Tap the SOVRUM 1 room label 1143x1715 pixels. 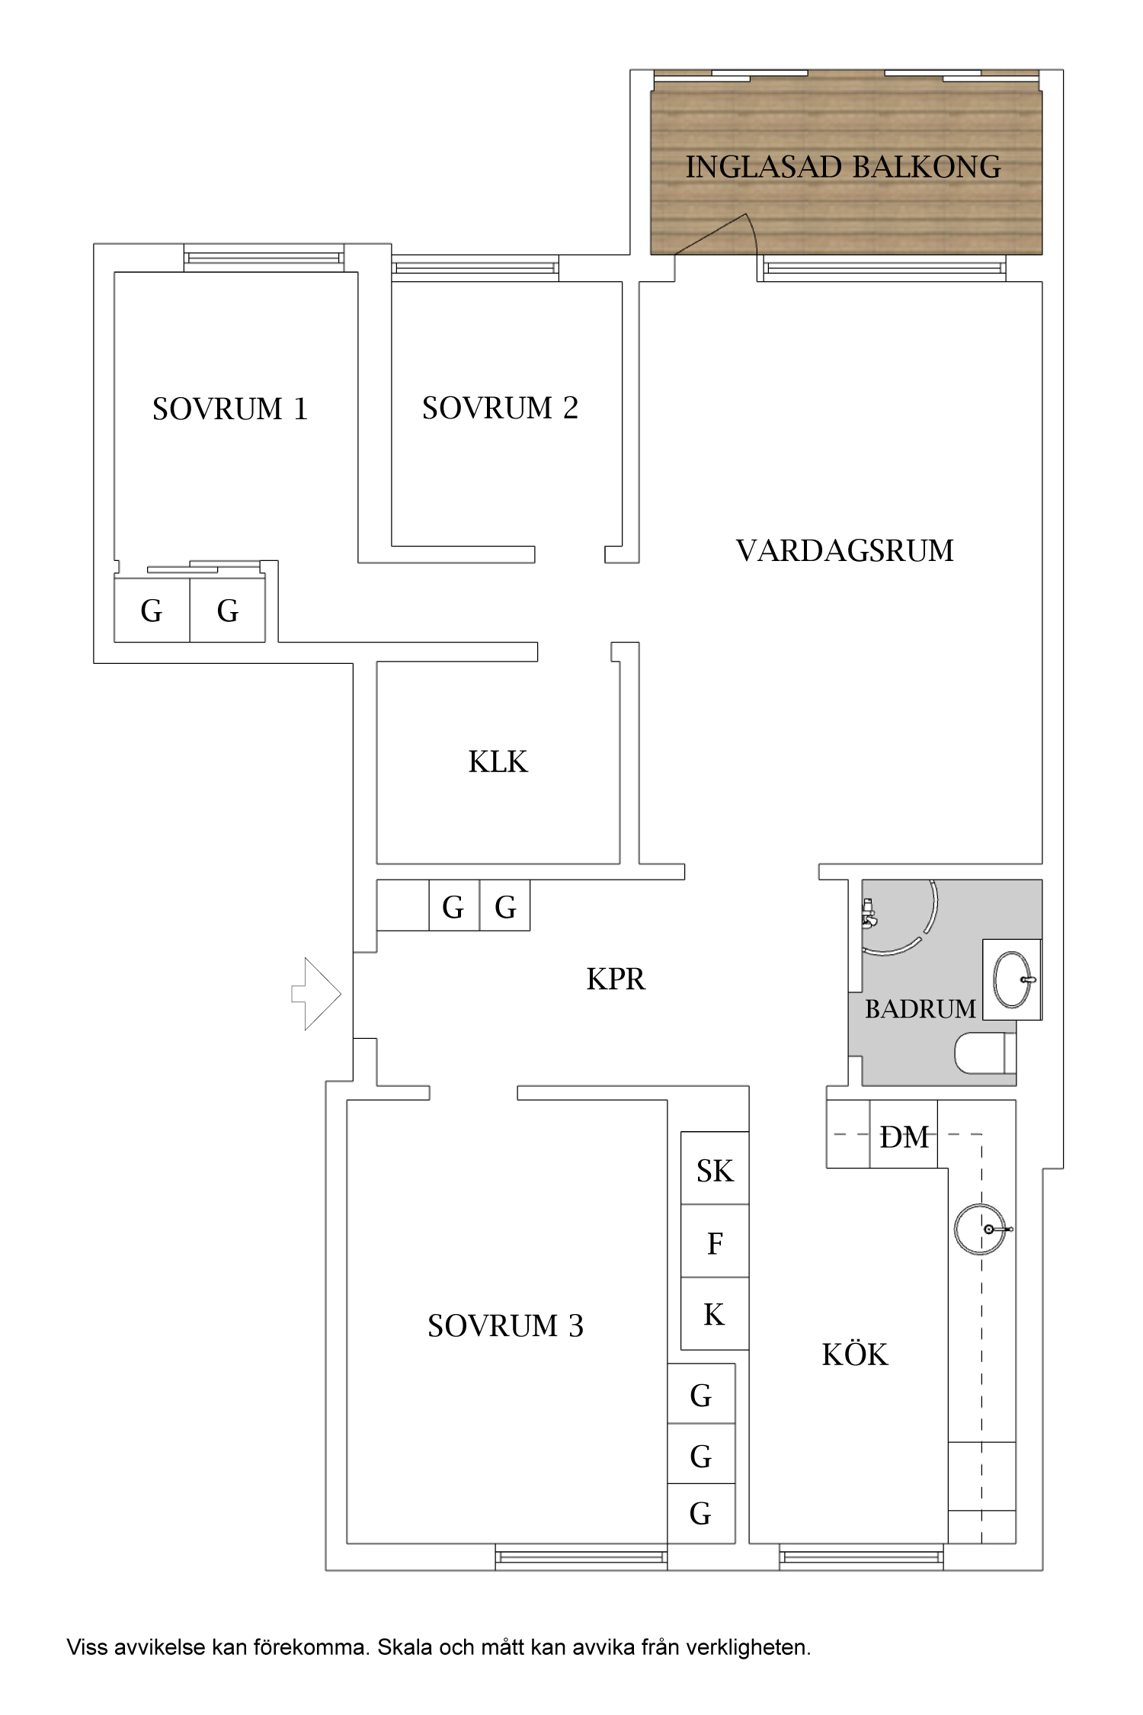pos(229,409)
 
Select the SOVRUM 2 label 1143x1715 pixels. pos(500,409)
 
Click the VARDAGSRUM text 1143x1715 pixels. pos(844,550)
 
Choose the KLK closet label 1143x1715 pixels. pos(498,761)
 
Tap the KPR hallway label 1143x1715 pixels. pos(616,979)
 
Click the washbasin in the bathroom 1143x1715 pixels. pos(1012,979)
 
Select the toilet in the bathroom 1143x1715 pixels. pos(983,1053)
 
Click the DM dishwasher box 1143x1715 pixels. pos(904,1136)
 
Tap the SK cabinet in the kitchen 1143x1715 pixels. pos(714,1171)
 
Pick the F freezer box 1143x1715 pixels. pos(714,1243)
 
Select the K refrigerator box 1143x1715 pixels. pos(714,1315)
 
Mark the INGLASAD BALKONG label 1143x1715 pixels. pos(843,167)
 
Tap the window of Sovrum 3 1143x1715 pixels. pos(581,1556)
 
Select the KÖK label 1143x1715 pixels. pos(854,1355)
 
